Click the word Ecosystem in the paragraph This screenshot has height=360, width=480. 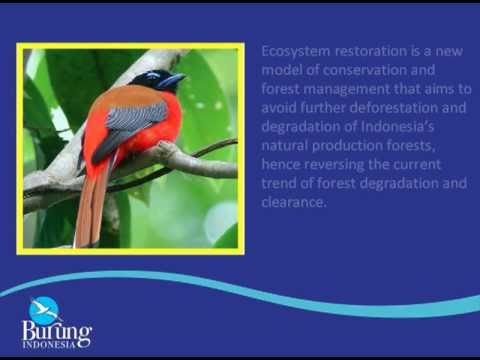tap(296, 52)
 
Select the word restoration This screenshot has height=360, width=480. tap(371, 51)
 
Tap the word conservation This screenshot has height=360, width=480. tap(364, 70)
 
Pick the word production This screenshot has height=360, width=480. tap(347, 146)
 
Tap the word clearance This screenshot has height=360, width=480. tap(293, 202)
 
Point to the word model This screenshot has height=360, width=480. tap(281, 70)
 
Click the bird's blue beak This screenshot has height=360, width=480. tap(172, 80)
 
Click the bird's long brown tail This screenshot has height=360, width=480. tap(92, 207)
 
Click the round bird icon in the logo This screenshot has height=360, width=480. tap(44, 311)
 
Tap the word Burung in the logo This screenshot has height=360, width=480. tap(57, 331)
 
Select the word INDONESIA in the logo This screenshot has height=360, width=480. tap(49, 345)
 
